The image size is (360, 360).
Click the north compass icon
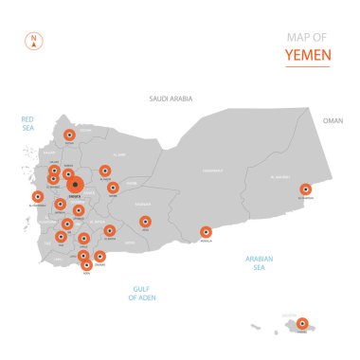click(33, 41)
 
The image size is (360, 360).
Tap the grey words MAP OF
click(309, 37)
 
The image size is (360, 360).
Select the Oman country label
click(333, 121)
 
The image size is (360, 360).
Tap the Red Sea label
click(27, 122)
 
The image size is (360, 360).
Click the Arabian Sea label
click(259, 262)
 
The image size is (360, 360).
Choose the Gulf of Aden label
click(142, 293)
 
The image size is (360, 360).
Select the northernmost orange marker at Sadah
click(69, 135)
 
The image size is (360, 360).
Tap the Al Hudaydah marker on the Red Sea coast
click(38, 198)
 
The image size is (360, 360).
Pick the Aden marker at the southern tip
click(87, 265)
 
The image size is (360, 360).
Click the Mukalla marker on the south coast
click(206, 232)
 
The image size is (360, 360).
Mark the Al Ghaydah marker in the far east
click(306, 189)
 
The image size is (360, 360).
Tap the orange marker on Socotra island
click(302, 325)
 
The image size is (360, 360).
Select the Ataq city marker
click(145, 223)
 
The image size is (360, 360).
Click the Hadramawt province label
click(212, 171)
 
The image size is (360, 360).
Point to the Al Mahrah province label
click(279, 177)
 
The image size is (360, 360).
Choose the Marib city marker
click(113, 188)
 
